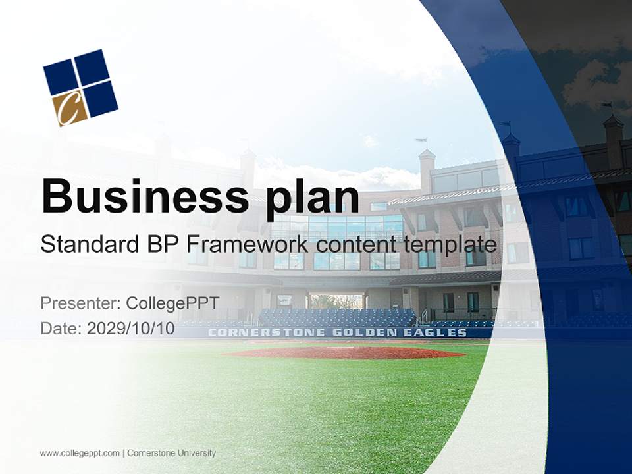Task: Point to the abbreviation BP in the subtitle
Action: [x=161, y=245]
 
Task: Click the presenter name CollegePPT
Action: [x=172, y=303]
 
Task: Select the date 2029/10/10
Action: [x=130, y=329]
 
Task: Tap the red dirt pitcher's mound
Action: [x=346, y=353]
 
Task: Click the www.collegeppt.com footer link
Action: [x=80, y=453]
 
